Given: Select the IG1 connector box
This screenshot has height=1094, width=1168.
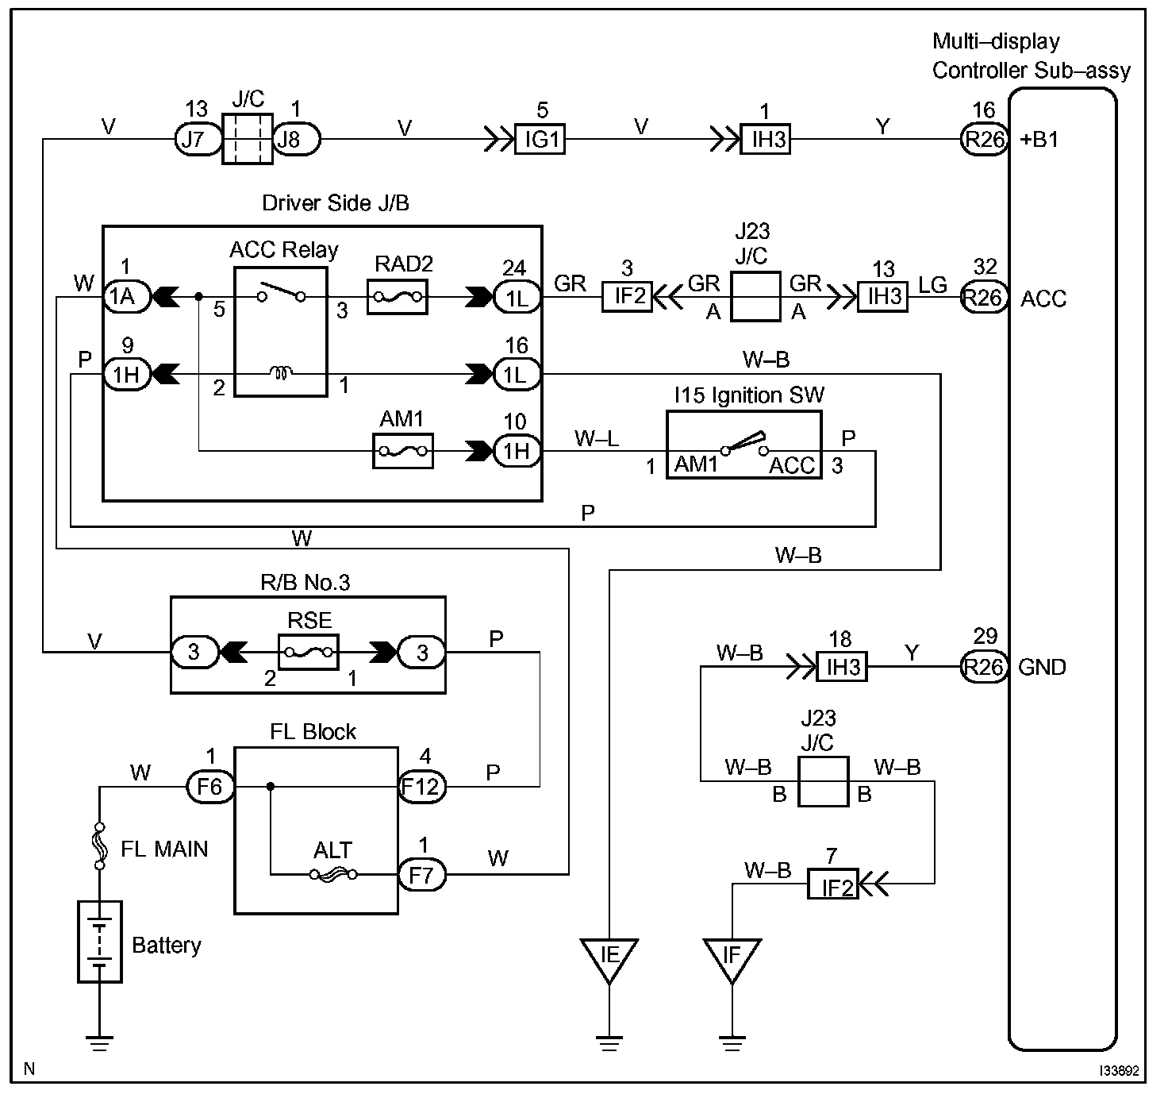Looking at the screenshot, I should coord(540,140).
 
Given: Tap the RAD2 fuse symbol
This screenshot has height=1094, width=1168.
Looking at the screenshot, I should coord(398,298).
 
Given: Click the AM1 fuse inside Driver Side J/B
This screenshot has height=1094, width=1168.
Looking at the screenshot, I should coord(403,451).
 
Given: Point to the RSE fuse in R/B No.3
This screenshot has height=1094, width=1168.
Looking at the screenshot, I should coord(309,652).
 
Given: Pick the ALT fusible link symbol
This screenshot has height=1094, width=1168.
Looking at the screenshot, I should coord(334,874).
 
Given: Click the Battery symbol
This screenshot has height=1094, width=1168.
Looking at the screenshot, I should coord(100,942).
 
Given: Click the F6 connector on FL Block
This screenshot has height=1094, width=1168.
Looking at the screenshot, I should coord(210,788).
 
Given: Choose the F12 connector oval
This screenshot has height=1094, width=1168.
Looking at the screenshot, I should coord(421,788).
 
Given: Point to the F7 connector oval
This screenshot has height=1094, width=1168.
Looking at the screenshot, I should coord(421,875).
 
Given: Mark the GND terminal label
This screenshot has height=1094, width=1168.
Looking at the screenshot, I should coord(1042,667).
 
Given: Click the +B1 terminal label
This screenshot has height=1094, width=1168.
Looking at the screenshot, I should coord(1039,141).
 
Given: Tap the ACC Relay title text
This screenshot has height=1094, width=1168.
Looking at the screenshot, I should coord(283,250).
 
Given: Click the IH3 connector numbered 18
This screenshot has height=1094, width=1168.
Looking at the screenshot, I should coord(843,667).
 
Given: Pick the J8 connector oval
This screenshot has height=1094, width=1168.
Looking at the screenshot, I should coord(295,140).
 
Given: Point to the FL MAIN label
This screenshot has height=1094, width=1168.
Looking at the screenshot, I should coord(164,849).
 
